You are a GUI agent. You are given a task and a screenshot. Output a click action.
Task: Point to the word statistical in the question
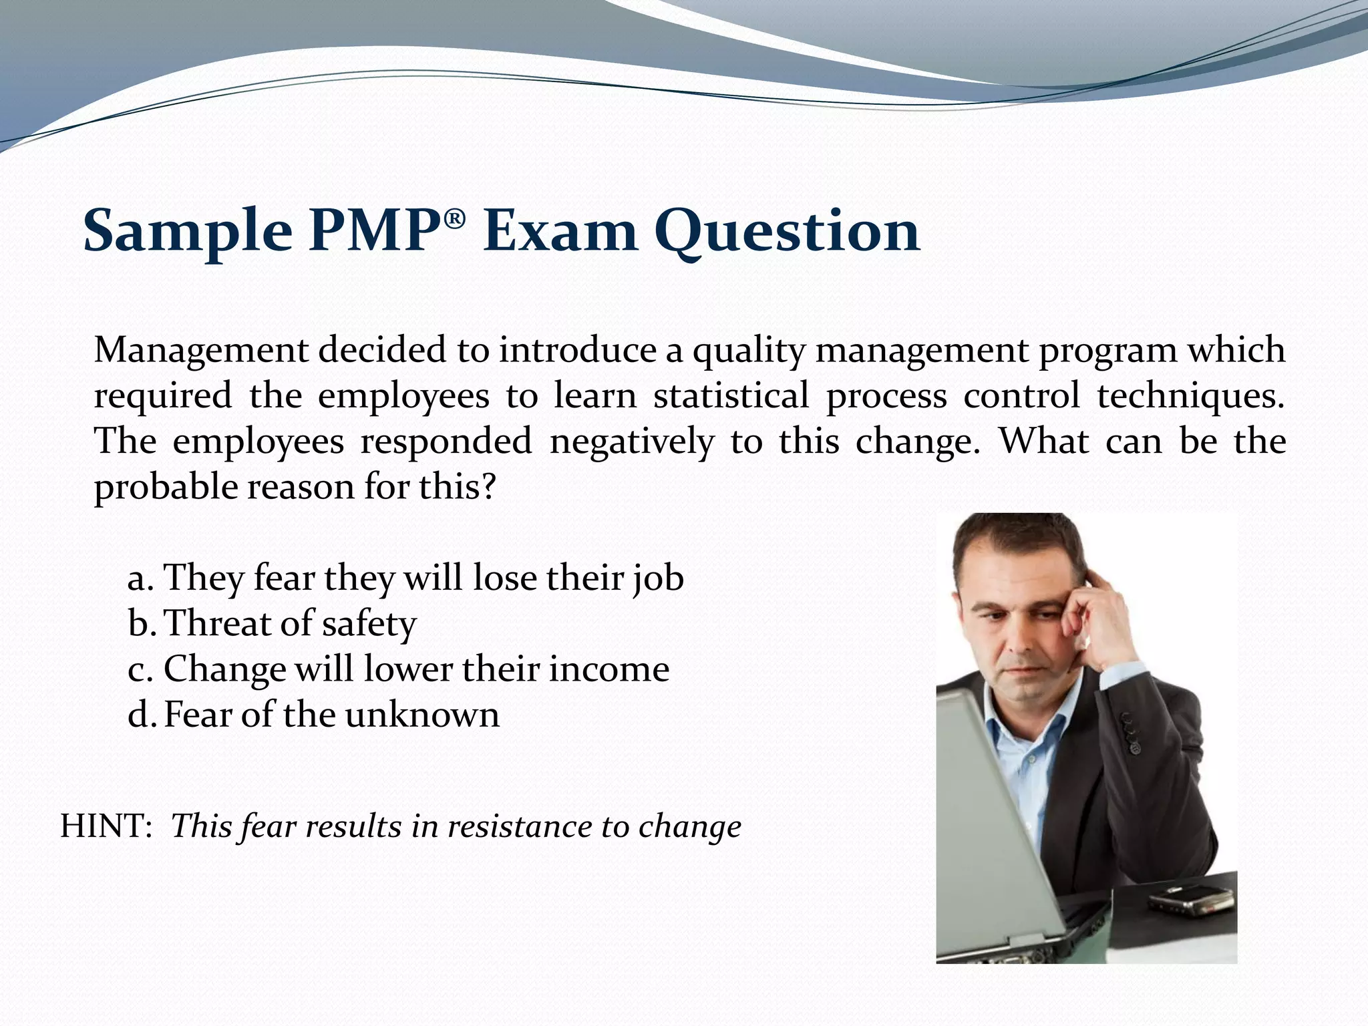731,395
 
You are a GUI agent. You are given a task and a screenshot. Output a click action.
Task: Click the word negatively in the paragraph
631,442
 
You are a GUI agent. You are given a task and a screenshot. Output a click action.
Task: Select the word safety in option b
369,625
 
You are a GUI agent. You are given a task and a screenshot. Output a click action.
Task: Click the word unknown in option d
422,715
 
